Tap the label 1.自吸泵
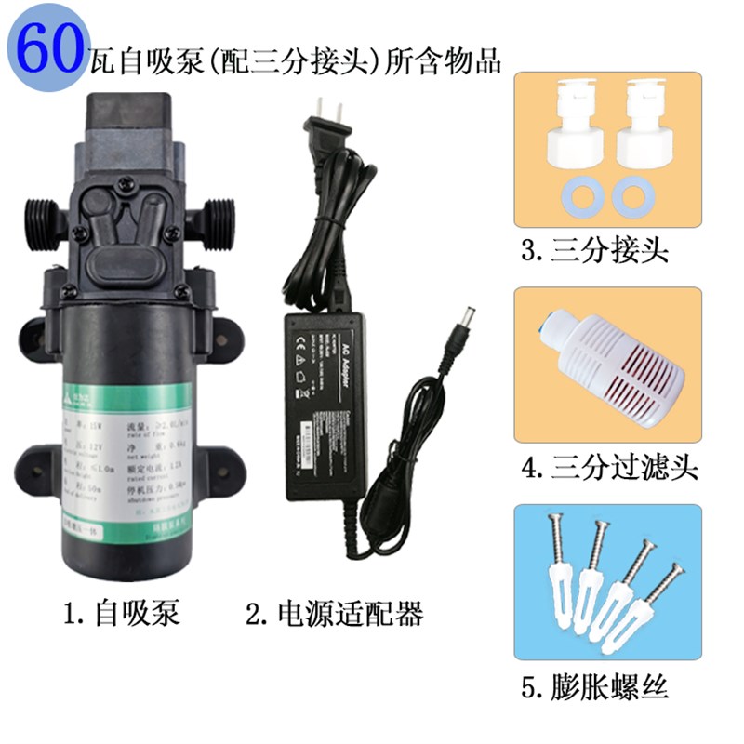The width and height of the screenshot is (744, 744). pos(120,614)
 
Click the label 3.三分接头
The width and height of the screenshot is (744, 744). pos(596,251)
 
